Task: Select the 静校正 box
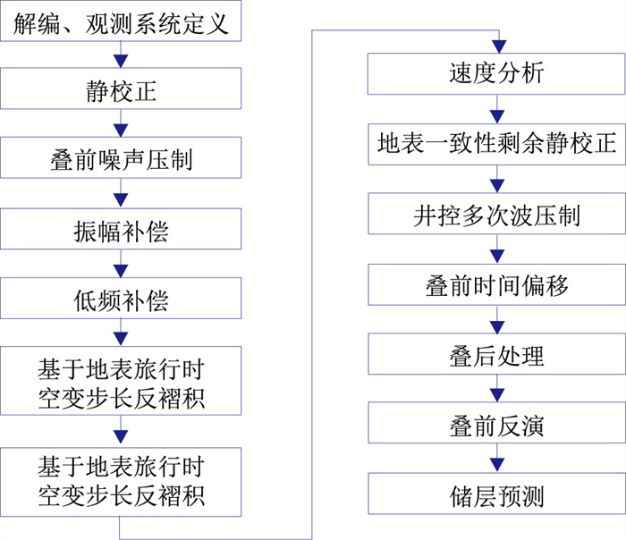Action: [x=121, y=90]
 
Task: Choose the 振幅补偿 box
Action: [x=121, y=230]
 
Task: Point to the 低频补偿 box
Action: [x=121, y=299]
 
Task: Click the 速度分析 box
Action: [x=495, y=73]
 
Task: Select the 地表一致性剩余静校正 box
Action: [x=495, y=143]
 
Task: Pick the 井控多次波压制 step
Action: [x=495, y=215]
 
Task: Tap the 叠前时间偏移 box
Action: [x=495, y=285]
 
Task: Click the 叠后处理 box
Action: [x=495, y=356]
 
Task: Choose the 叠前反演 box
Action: [x=495, y=426]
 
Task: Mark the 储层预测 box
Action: [x=495, y=495]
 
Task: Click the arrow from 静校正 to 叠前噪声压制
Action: [x=121, y=123]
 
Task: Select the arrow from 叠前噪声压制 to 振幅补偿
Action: [x=121, y=194]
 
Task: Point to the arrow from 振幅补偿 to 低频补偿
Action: [x=121, y=264]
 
